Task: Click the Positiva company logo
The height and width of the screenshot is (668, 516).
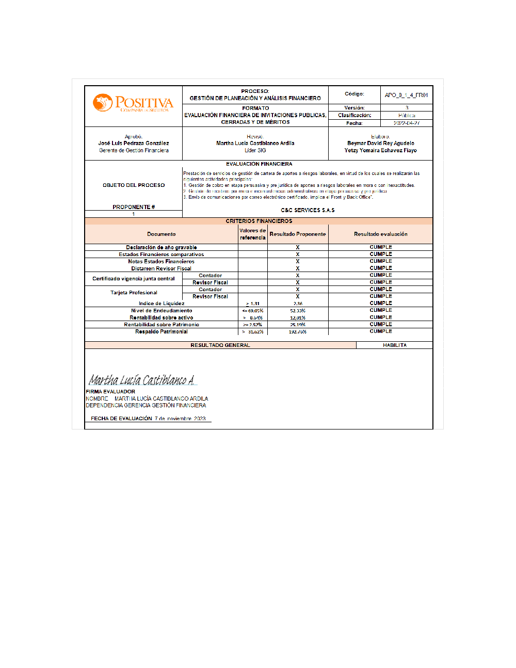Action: [133, 103]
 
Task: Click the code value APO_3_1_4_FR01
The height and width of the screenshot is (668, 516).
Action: [406, 95]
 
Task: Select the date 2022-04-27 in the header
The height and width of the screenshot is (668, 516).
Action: [406, 123]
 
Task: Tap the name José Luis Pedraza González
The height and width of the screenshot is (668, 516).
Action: [134, 143]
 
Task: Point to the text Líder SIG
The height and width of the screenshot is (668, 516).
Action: [255, 150]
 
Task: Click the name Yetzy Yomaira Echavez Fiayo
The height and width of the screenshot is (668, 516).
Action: [380, 150]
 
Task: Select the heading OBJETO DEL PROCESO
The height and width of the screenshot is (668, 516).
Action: [134, 185]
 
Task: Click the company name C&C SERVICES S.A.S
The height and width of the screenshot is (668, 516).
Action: [308, 210]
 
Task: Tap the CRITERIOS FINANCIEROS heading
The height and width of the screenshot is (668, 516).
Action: [259, 221]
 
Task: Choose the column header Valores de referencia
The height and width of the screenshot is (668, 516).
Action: [252, 234]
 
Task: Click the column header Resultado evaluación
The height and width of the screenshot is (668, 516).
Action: [380, 234]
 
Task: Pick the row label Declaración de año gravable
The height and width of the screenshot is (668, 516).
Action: [161, 247]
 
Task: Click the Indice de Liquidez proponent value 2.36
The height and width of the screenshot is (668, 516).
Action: [298, 304]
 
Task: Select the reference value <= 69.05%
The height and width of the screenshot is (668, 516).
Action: [252, 311]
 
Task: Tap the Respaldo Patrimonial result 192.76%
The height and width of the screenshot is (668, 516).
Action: [298, 332]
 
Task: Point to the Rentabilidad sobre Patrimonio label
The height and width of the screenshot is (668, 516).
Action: [161, 325]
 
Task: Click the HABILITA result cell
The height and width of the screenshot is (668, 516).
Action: [394, 345]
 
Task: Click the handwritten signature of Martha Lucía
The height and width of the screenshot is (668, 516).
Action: [141, 380]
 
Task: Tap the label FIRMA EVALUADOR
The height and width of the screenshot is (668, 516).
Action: [110, 391]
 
